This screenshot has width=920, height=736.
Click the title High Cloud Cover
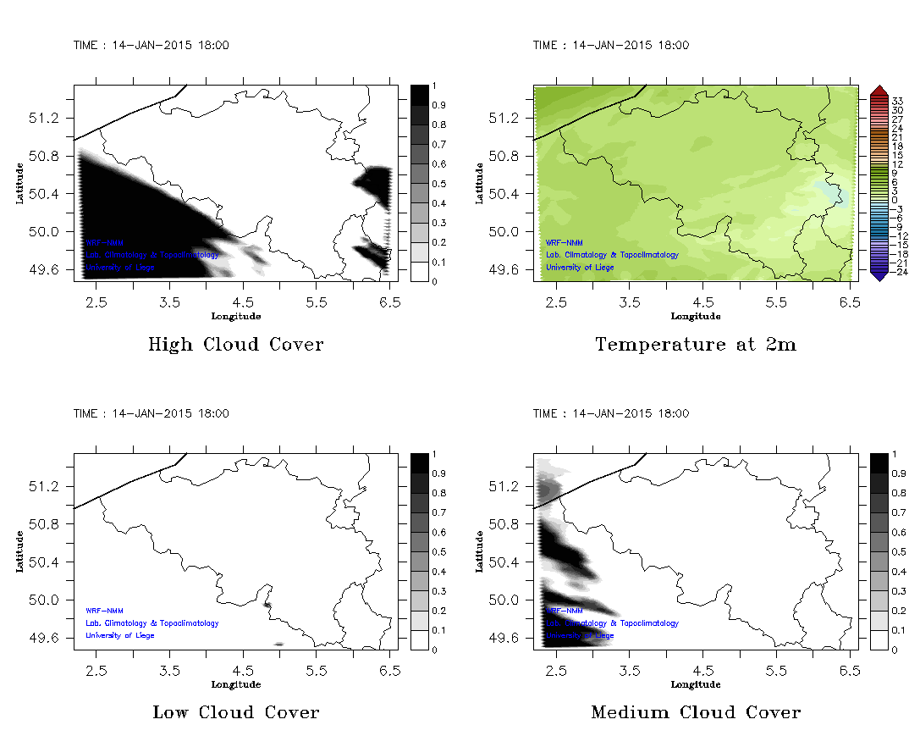[x=235, y=345]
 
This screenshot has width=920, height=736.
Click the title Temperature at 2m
[x=696, y=345]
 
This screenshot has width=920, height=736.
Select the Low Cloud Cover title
[x=235, y=712]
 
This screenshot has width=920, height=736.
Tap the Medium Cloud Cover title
[x=696, y=712]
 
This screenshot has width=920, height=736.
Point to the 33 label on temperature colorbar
[x=898, y=101]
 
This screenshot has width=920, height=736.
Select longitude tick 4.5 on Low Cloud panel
[x=243, y=668]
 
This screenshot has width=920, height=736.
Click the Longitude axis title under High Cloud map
[x=235, y=317]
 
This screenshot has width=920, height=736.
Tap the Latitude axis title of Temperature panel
[x=479, y=183]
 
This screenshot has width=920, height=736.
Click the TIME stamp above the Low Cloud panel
[x=151, y=414]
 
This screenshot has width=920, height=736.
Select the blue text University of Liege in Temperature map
[x=580, y=268]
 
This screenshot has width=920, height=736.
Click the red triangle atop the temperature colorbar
[x=879, y=90]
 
